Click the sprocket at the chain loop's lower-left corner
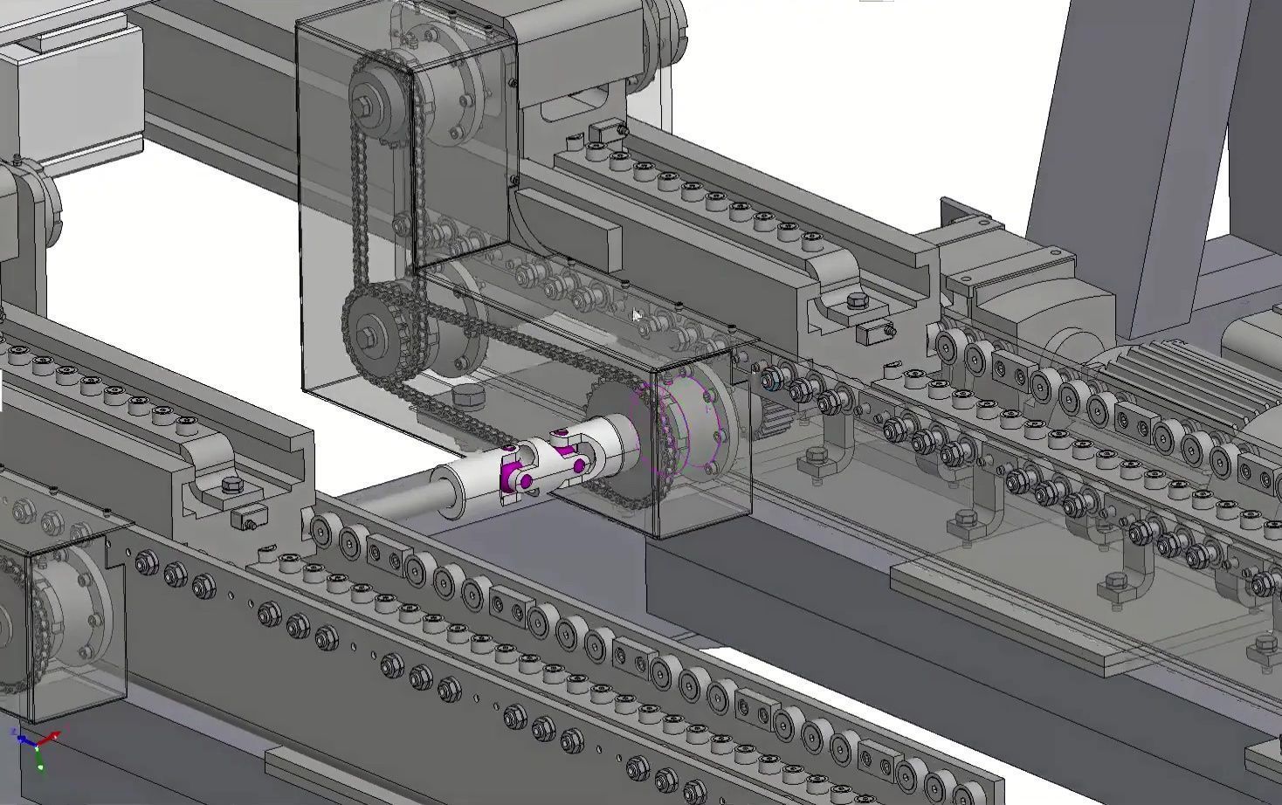[377, 330]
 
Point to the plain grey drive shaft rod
[384, 498]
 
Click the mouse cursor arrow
[638, 316]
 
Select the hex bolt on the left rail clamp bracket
[231, 485]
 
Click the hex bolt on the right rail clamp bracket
[856, 301]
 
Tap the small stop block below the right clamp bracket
[874, 333]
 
